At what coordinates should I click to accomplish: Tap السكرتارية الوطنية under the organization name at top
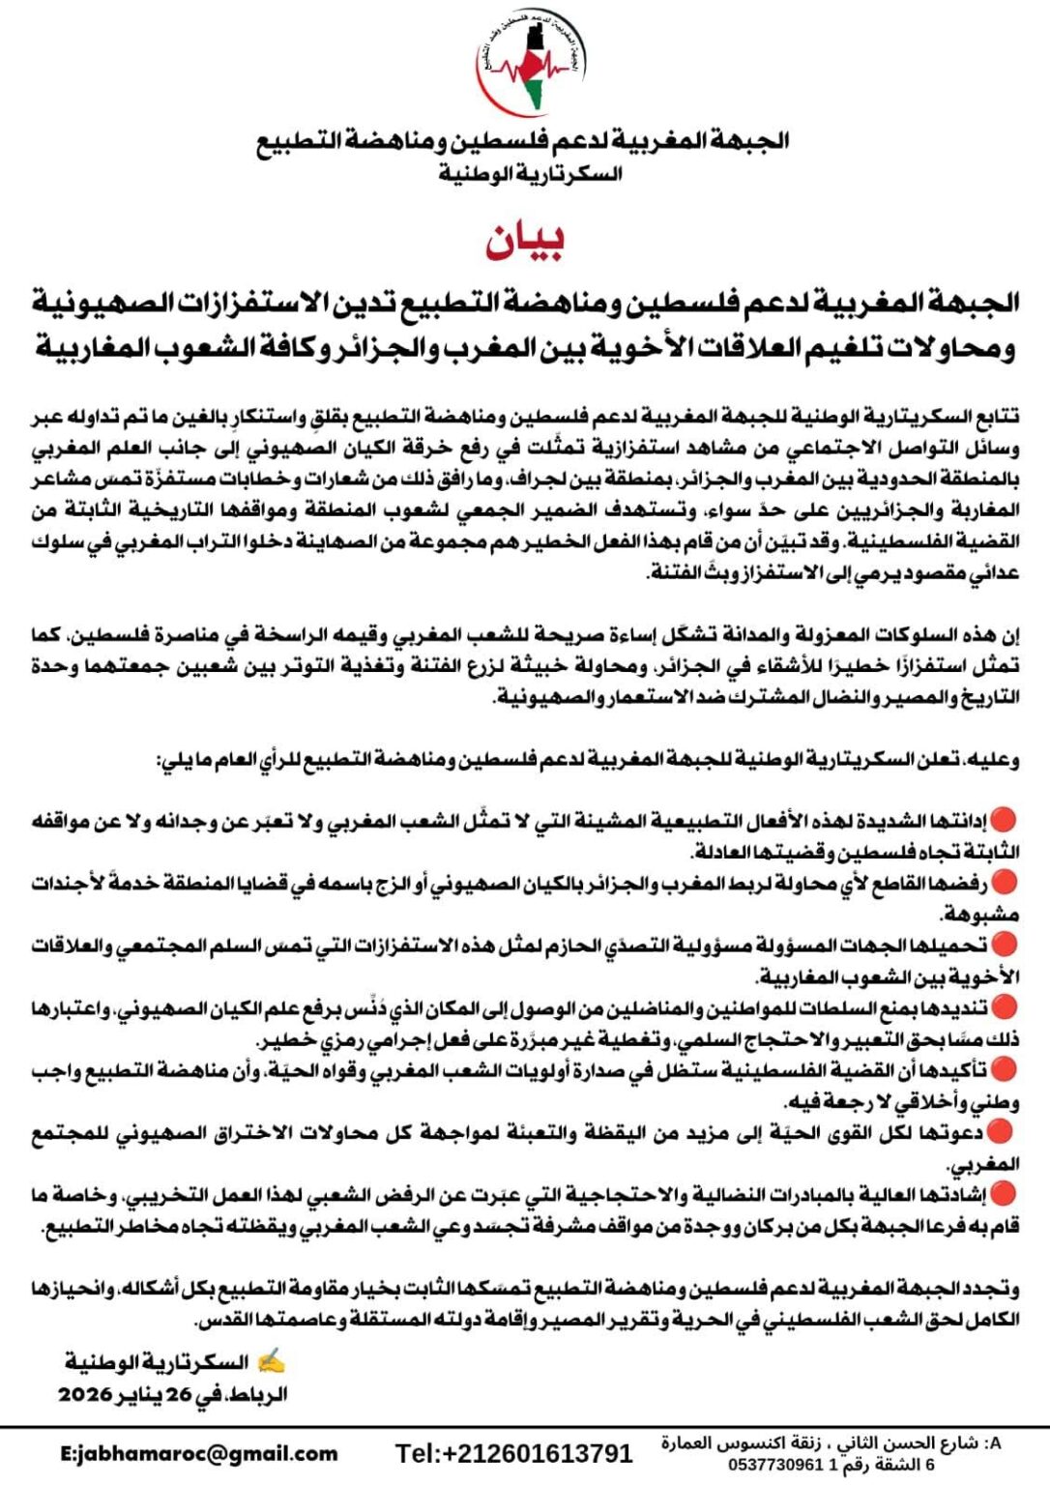[x=530, y=174]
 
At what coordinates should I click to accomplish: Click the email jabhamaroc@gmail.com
[x=199, y=1453]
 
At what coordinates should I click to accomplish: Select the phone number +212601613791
[x=513, y=1453]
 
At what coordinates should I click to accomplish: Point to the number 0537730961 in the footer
[x=774, y=1465]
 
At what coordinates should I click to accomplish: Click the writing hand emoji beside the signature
[x=272, y=1362]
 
